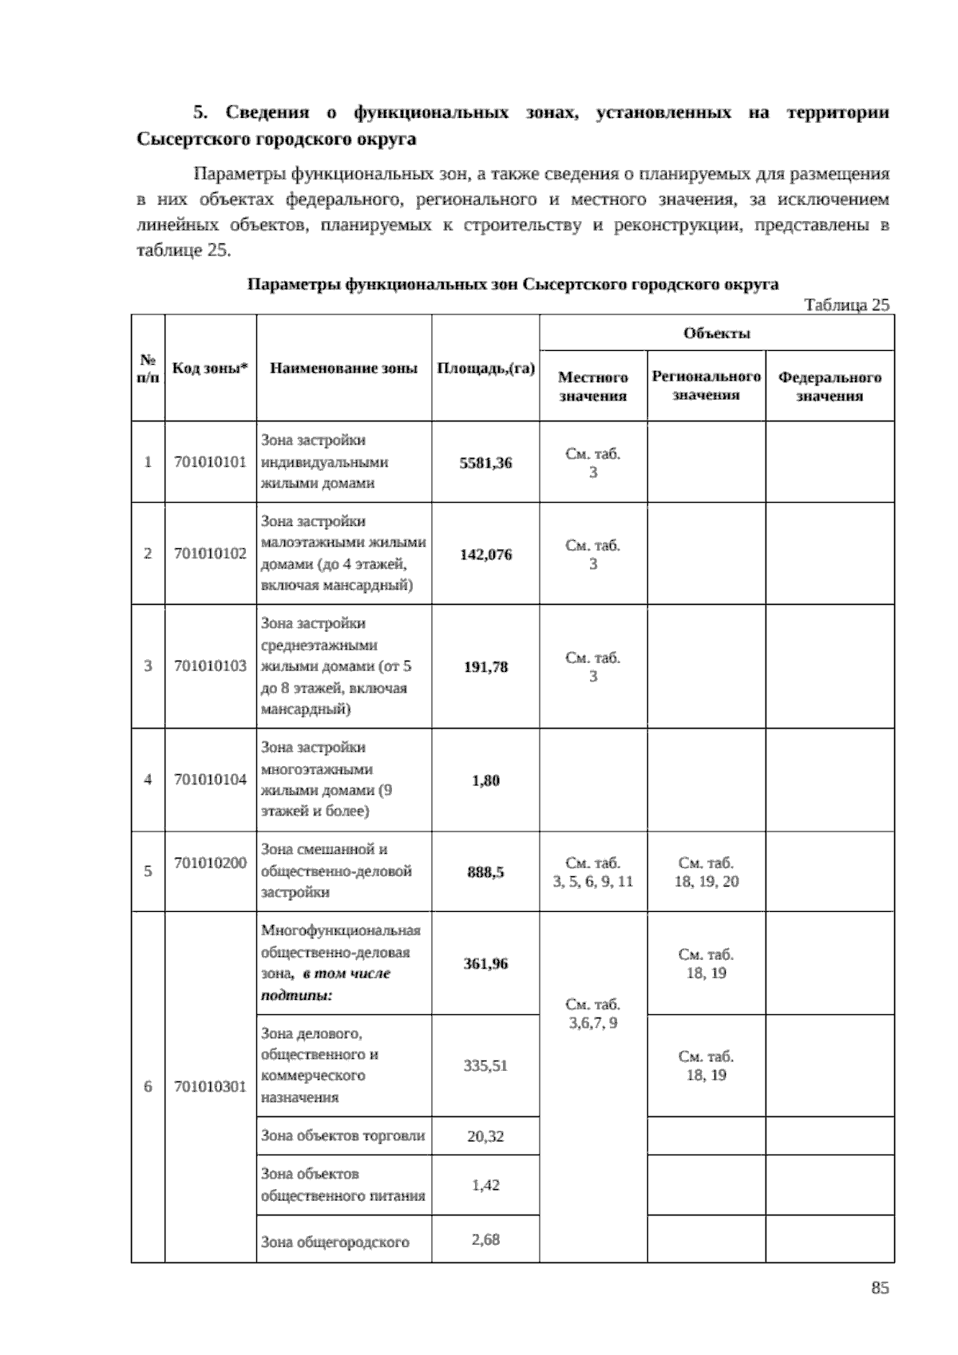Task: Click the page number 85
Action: pyautogui.click(x=880, y=1288)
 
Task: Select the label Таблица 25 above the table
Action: pyautogui.click(x=846, y=305)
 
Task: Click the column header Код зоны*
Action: pyautogui.click(x=210, y=368)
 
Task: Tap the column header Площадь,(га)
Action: pyautogui.click(x=485, y=368)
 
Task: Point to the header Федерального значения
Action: pyautogui.click(x=829, y=386)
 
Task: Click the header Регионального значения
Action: pyautogui.click(x=706, y=385)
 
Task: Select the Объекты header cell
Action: pyautogui.click(x=716, y=333)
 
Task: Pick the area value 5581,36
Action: pyautogui.click(x=485, y=463)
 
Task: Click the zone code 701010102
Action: pyautogui.click(x=210, y=553)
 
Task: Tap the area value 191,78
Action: pyautogui.click(x=485, y=667)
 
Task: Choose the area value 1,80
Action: pyautogui.click(x=485, y=780)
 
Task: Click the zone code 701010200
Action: pyautogui.click(x=210, y=863)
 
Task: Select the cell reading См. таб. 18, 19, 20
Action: pyautogui.click(x=706, y=871)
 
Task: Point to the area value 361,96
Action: pyautogui.click(x=485, y=963)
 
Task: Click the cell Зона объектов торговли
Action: pyautogui.click(x=343, y=1136)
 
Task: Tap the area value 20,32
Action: pyautogui.click(x=485, y=1136)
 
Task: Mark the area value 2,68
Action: pyautogui.click(x=485, y=1239)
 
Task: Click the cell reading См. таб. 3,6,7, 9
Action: pyautogui.click(x=592, y=1013)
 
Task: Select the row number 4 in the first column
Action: pyautogui.click(x=148, y=780)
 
